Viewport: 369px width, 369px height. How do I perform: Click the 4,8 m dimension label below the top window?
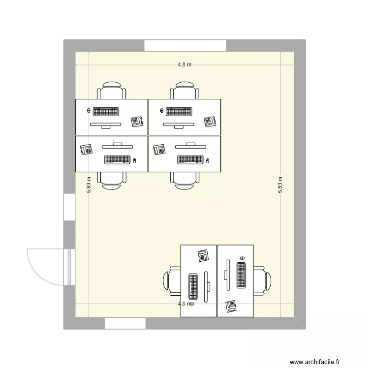(184, 64)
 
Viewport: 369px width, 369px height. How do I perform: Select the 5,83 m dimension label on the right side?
(280, 185)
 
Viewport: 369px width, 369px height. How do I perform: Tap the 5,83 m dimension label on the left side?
(89, 185)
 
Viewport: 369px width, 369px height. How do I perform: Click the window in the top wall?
(185, 45)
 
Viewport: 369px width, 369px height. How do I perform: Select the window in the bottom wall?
(125, 323)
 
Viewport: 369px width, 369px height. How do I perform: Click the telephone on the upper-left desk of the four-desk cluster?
(137, 122)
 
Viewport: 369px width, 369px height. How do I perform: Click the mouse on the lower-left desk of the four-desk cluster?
(134, 160)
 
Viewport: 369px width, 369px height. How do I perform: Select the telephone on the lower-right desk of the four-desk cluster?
(159, 149)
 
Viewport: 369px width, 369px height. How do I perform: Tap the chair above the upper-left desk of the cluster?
(112, 91)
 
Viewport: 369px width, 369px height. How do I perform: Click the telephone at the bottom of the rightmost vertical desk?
(231, 307)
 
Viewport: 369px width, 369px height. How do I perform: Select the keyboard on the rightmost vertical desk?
(242, 276)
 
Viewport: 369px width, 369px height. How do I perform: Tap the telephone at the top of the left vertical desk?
(203, 255)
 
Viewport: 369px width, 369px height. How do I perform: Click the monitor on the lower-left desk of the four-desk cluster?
(118, 145)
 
